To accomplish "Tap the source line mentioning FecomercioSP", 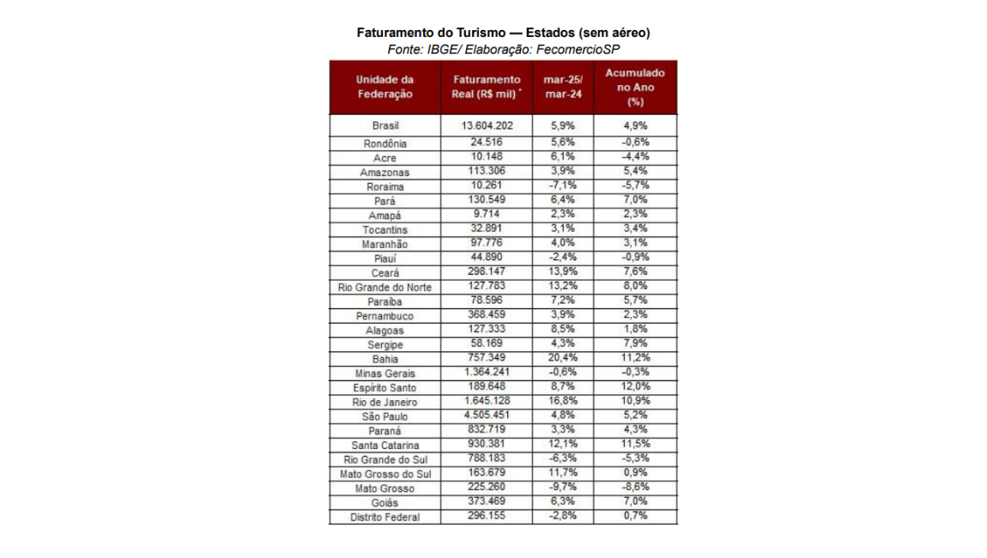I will [x=503, y=50].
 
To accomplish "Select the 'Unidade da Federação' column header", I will [x=385, y=87].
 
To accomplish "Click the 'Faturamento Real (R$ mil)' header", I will [x=487, y=87].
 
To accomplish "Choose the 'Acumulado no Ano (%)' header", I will [x=635, y=87].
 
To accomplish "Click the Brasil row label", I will [x=385, y=126].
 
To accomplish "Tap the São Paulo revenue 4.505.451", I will [x=487, y=415].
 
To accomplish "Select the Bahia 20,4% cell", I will [x=563, y=357].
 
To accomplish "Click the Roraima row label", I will [x=385, y=186].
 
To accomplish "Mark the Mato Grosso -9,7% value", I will [x=563, y=487].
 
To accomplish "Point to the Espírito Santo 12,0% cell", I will [x=635, y=386].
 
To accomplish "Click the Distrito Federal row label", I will [x=385, y=517].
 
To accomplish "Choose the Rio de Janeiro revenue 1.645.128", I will [x=487, y=400].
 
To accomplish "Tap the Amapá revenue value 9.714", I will [x=487, y=214].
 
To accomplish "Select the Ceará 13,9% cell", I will [x=563, y=271].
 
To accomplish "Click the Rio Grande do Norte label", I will [x=385, y=287].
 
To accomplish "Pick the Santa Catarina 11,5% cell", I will [x=635, y=444].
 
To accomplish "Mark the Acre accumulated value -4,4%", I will [x=635, y=156].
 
